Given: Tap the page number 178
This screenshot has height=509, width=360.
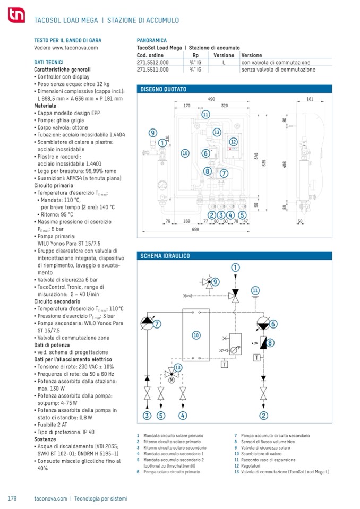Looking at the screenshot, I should pyautogui.click(x=13, y=499).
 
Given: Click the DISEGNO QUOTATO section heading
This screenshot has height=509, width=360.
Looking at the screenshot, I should pyautogui.click(x=163, y=89).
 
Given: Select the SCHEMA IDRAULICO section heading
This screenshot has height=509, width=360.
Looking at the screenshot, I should pyautogui.click(x=165, y=256).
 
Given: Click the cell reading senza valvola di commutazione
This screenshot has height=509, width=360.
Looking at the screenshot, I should pyautogui.click(x=278, y=70).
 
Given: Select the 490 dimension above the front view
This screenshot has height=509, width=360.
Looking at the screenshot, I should pyautogui.click(x=211, y=99).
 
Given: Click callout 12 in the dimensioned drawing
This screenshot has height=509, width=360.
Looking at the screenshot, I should pyautogui.click(x=233, y=142).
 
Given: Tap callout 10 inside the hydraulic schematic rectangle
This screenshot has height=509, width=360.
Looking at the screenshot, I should pyautogui.click(x=196, y=335).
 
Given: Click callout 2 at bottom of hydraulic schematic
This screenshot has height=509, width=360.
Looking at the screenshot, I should pyautogui.click(x=263, y=415).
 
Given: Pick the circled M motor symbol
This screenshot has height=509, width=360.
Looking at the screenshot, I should pyautogui.click(x=172, y=379).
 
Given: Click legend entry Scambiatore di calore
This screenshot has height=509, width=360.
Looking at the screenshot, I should pyautogui.click(x=256, y=453).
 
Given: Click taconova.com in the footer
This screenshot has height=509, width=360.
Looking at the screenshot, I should pyautogui.click(x=50, y=499).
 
